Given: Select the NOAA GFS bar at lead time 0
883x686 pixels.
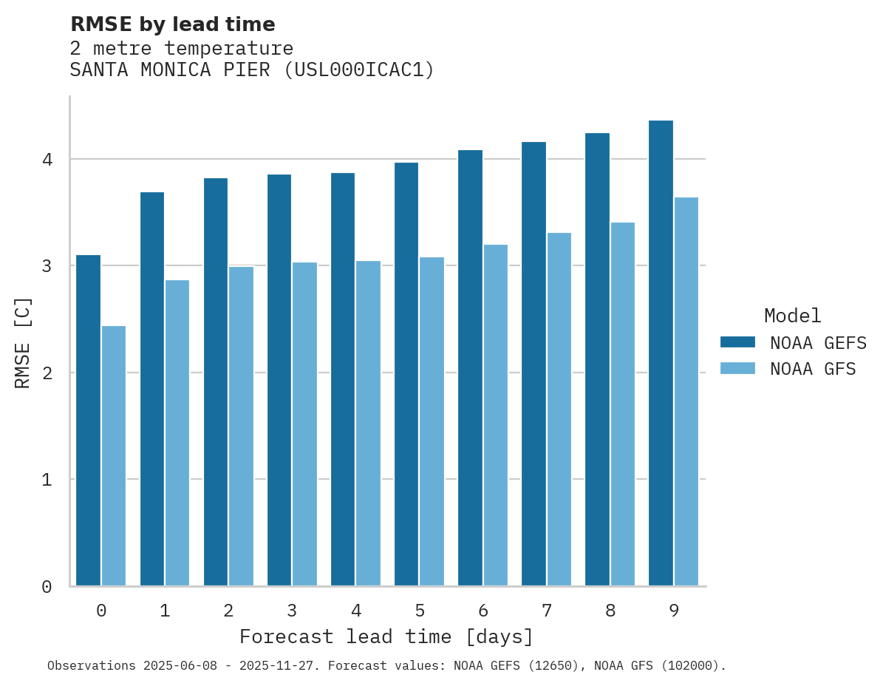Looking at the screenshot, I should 114,455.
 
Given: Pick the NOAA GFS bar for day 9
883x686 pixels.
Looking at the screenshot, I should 686,391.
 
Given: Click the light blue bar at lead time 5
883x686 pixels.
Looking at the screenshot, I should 432,421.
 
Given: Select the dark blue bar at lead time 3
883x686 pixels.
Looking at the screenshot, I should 279,380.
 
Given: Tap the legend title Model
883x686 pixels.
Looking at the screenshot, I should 792,316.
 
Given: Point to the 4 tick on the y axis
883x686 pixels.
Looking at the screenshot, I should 47,160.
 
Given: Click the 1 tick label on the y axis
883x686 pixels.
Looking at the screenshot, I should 47,480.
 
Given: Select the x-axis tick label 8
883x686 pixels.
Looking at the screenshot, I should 610,611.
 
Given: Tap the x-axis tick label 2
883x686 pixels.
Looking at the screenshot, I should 228,611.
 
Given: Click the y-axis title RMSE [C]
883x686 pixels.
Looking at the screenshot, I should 23,342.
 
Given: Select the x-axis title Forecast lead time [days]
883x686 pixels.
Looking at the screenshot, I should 386,636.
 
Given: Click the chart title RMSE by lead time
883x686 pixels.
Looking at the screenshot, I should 172,24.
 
